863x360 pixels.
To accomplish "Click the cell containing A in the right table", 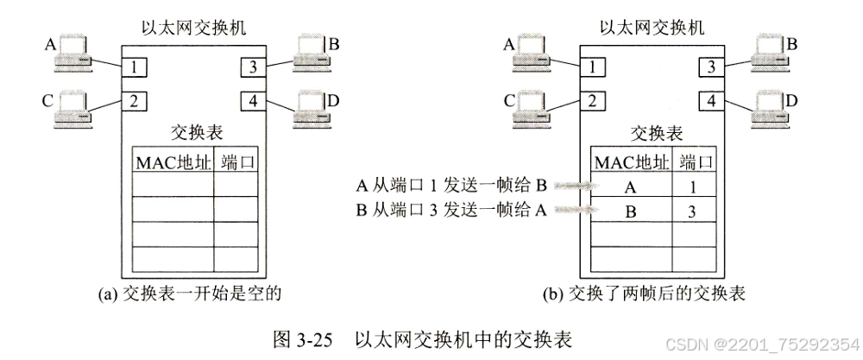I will [633, 185].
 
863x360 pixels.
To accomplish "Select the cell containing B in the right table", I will [633, 209].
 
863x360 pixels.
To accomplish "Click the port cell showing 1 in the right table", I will [695, 185].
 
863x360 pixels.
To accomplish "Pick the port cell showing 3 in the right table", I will [695, 209].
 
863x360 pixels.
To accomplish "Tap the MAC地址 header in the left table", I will [173, 161].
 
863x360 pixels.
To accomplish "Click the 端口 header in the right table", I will [696, 161].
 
